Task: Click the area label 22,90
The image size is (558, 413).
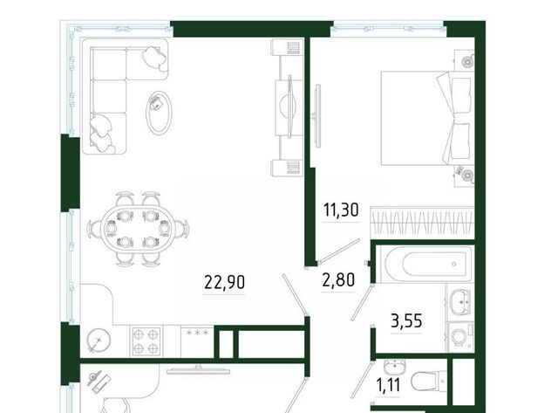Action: coord(225,282)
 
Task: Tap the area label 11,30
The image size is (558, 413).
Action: coord(341,210)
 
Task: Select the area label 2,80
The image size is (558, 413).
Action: coord(338,279)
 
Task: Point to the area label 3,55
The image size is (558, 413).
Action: coord(406,320)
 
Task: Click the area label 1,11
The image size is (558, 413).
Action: coord(388,385)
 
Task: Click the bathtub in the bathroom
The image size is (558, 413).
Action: coord(425,264)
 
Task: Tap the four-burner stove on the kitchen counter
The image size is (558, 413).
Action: coord(146,341)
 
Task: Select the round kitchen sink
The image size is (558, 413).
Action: coord(99,341)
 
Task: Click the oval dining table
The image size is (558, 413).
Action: coord(138,229)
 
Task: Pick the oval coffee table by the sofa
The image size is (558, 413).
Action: coord(159,113)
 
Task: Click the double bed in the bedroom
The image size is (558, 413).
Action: coord(427,118)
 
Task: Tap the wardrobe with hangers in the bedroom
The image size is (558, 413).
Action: coord(422,223)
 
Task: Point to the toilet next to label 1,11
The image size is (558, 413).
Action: coord(428,382)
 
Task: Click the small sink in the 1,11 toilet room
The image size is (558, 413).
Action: coord(395,366)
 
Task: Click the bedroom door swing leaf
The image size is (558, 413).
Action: coord(339,251)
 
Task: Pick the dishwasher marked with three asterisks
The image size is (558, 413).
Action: coord(197,341)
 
